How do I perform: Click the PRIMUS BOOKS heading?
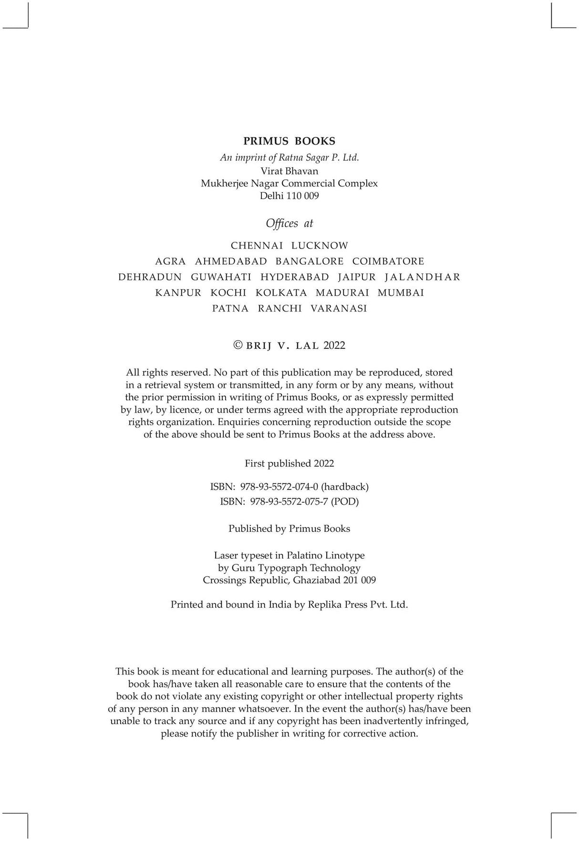(x=289, y=141)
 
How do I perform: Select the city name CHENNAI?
(x=257, y=246)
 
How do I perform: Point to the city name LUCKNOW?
(x=320, y=246)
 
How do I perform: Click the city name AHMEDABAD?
(x=231, y=261)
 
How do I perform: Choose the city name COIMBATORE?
(x=388, y=261)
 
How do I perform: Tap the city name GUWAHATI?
(x=221, y=277)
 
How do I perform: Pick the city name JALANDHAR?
(x=423, y=277)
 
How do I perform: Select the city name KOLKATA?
(x=281, y=293)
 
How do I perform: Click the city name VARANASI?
(x=339, y=309)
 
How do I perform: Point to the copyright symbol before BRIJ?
(x=238, y=345)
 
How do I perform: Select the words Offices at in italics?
(x=289, y=223)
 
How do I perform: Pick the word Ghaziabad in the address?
(x=316, y=580)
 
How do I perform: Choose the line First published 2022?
(x=289, y=463)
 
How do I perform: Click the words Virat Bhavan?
(x=289, y=171)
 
